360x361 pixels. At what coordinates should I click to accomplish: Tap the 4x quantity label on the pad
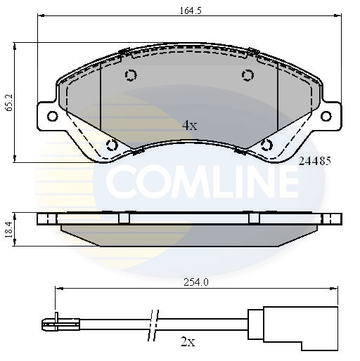pyautogui.click(x=189, y=125)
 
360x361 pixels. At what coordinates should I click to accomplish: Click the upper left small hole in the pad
pyautogui.click(x=130, y=76)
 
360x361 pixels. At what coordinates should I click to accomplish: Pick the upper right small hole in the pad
pyautogui.click(x=247, y=76)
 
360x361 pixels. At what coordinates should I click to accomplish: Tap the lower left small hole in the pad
pyautogui.click(x=110, y=145)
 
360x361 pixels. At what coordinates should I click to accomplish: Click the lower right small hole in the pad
pyautogui.click(x=266, y=145)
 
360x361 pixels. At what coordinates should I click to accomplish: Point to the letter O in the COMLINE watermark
pyautogui.click(x=155, y=182)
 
